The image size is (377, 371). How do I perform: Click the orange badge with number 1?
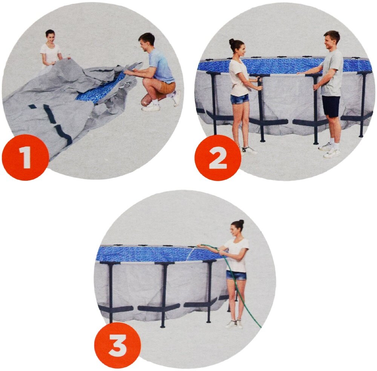pos(25,157)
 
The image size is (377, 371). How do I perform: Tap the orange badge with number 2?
pos(218,157)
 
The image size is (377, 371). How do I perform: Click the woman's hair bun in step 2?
pos(231,42)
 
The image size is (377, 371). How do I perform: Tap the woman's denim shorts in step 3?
pos(236,275)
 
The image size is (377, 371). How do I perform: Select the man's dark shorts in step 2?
pos(331,106)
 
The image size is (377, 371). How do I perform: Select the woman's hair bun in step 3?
pos(241,222)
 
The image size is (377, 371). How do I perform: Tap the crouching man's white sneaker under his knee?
pos(150,108)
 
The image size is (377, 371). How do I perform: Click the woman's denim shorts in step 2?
pos(239,99)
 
